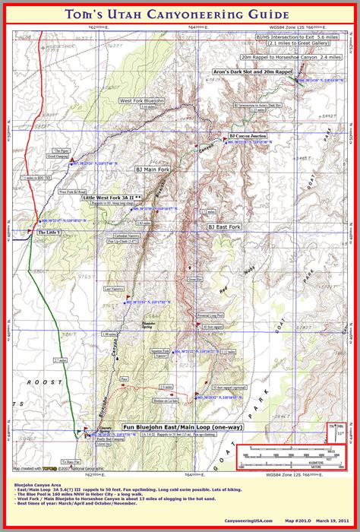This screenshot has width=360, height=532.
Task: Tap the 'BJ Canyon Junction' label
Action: pyautogui.click(x=248, y=135)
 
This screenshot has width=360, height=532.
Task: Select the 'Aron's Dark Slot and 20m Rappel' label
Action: pyautogui.click(x=253, y=70)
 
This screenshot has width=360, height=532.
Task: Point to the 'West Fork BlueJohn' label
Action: pyautogui.click(x=137, y=101)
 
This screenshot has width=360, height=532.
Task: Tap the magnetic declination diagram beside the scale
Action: pyautogui.click(x=335, y=437)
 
